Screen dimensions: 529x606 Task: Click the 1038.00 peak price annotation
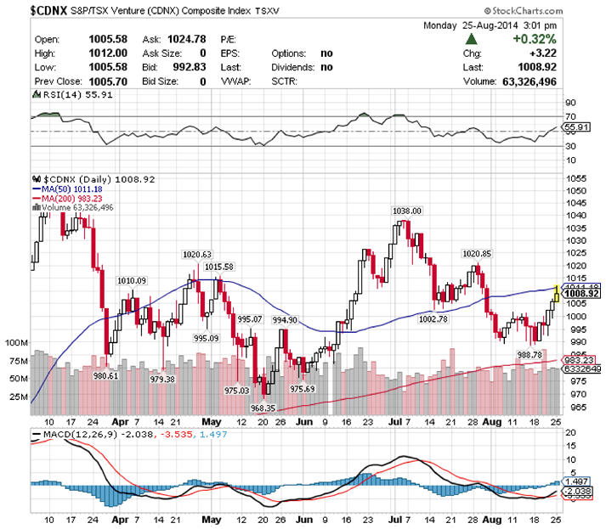click(x=406, y=210)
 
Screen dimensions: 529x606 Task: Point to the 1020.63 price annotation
click(x=197, y=254)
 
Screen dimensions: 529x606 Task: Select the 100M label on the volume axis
click(x=17, y=342)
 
